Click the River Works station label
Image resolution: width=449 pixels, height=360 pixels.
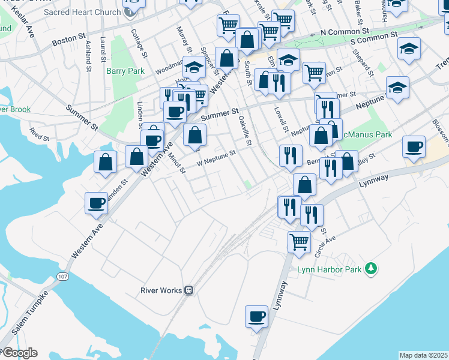coord(160,290)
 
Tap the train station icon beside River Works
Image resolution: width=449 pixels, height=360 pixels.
coord(188,290)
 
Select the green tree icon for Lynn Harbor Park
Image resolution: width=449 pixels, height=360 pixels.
coord(371,268)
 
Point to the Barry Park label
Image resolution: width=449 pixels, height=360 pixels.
coord(125,71)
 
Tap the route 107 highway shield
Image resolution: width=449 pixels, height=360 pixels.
coord(63,277)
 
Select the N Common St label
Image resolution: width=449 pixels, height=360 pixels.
coord(344,31)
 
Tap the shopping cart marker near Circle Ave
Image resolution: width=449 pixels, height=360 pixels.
coord(299,242)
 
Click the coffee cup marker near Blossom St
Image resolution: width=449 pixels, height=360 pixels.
coord(414,146)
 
